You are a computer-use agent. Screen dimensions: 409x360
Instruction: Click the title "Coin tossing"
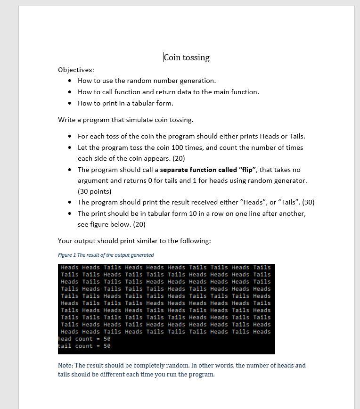coord(187,57)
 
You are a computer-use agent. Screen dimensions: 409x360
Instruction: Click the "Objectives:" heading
coord(76,70)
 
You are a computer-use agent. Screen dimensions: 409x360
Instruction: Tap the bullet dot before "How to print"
coord(70,103)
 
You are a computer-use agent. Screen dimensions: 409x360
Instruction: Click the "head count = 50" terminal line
coord(84,339)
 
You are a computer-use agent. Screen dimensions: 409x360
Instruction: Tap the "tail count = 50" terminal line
coord(84,346)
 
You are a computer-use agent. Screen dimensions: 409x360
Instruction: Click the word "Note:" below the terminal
coord(65,365)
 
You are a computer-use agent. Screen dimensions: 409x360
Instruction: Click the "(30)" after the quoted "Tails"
coord(308,202)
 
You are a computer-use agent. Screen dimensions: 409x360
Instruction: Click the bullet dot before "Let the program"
coord(70,147)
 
